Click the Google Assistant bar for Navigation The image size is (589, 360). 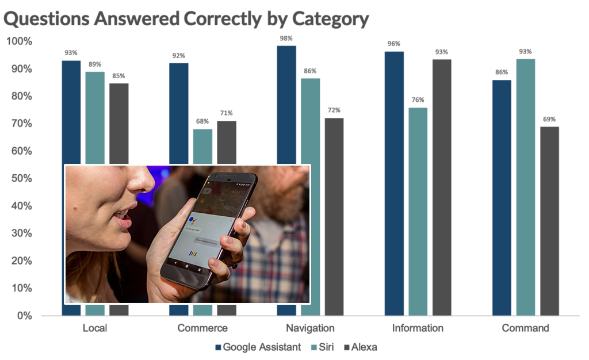286,104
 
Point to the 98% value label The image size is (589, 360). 286,37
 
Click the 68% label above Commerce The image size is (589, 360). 202,121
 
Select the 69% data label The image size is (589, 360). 549,119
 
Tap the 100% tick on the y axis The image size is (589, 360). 19,41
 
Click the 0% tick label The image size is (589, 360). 24,316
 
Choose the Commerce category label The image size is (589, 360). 202,328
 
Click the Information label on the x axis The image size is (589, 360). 418,328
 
